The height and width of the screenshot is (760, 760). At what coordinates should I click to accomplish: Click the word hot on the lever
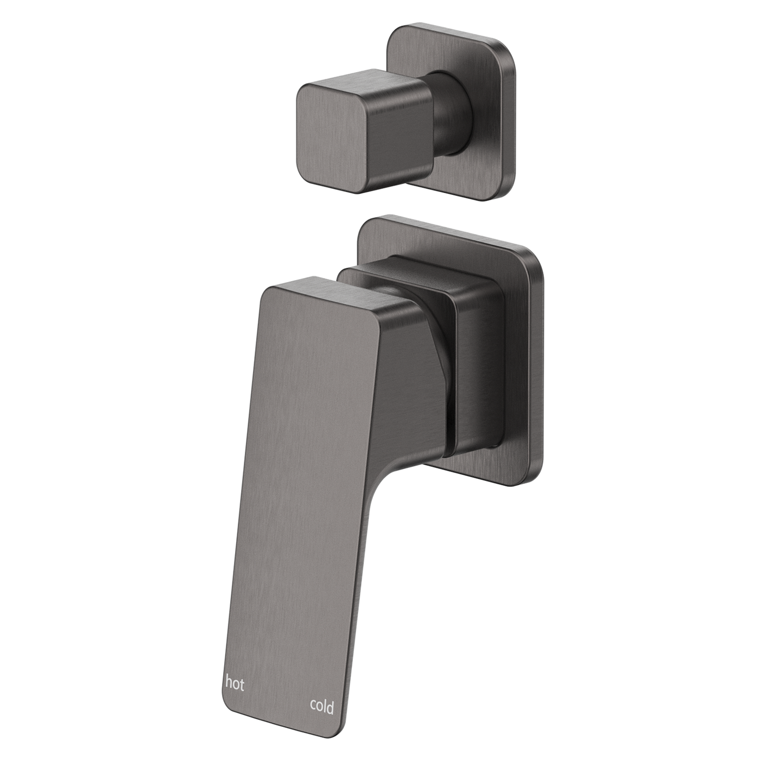[x=235, y=682]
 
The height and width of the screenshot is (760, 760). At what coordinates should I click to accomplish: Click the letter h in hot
[x=229, y=682]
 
